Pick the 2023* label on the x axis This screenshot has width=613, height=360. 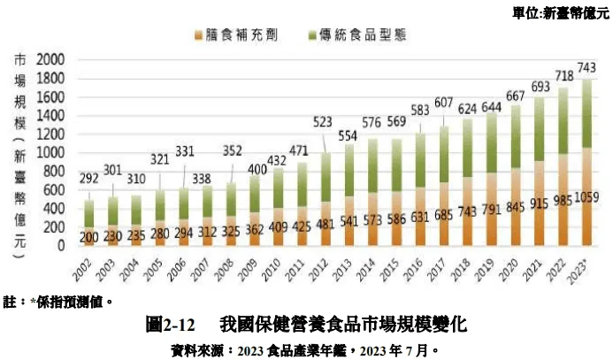(582, 267)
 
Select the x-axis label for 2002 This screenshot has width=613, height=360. (88, 266)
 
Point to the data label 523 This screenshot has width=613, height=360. (324, 121)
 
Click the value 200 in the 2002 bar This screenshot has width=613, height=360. (88, 237)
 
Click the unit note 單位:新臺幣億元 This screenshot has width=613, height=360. (560, 11)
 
